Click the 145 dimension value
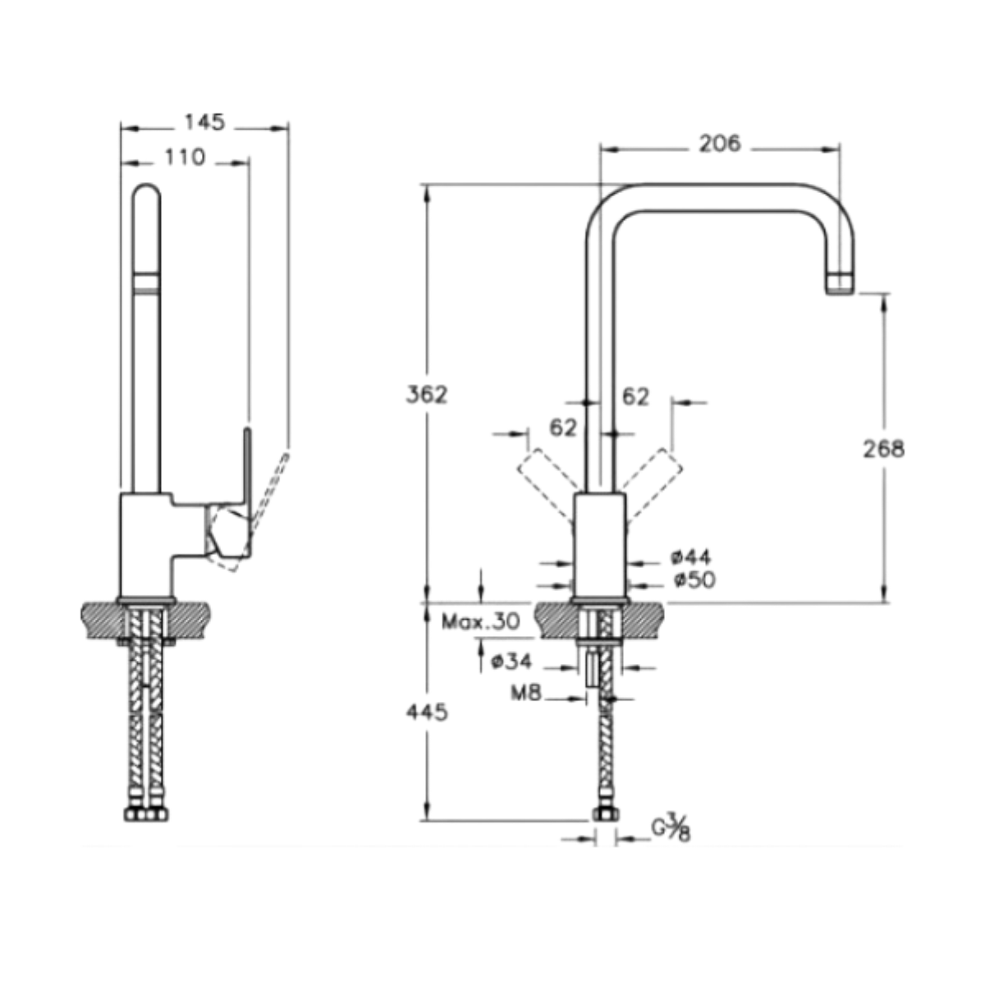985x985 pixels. tap(204, 122)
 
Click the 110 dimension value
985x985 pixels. tap(185, 157)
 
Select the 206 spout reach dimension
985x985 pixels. tap(719, 144)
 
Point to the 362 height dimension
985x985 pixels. tap(428, 394)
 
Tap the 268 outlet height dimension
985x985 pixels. tap(883, 449)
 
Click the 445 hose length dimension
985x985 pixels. tap(428, 712)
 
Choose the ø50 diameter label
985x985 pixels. tap(694, 580)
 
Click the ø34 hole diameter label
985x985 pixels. tap(511, 661)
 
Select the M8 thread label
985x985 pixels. tap(526, 694)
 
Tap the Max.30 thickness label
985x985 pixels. tap(480, 621)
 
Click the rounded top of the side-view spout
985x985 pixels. tap(147, 194)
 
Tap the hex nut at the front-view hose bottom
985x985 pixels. tap(606, 814)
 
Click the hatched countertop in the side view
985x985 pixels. tap(98, 616)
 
